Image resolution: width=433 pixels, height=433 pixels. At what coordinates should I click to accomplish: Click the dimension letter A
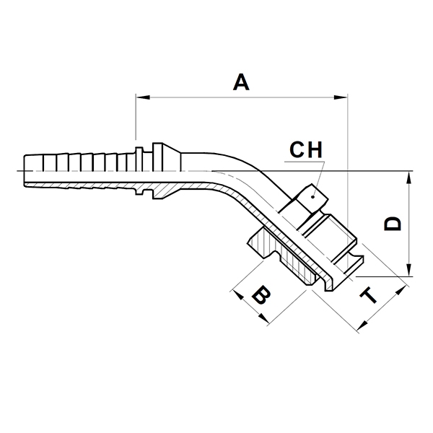tap(241, 82)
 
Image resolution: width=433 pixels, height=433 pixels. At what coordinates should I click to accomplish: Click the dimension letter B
tap(261, 295)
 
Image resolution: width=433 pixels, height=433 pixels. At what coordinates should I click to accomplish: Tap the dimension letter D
tap(392, 223)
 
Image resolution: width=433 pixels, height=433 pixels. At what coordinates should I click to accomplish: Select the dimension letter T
tap(369, 295)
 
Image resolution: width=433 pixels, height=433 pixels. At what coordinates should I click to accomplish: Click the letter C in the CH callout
tap(297, 149)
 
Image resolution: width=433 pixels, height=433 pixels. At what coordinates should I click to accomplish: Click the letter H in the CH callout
tap(315, 149)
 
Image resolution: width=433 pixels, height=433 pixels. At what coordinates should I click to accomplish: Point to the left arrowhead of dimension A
tap(143, 97)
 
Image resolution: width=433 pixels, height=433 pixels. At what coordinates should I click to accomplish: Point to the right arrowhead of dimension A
tap(340, 97)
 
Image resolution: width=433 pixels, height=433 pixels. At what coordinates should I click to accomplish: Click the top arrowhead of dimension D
tap(409, 178)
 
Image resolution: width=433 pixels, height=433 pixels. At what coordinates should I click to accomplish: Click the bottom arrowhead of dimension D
tap(409, 269)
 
